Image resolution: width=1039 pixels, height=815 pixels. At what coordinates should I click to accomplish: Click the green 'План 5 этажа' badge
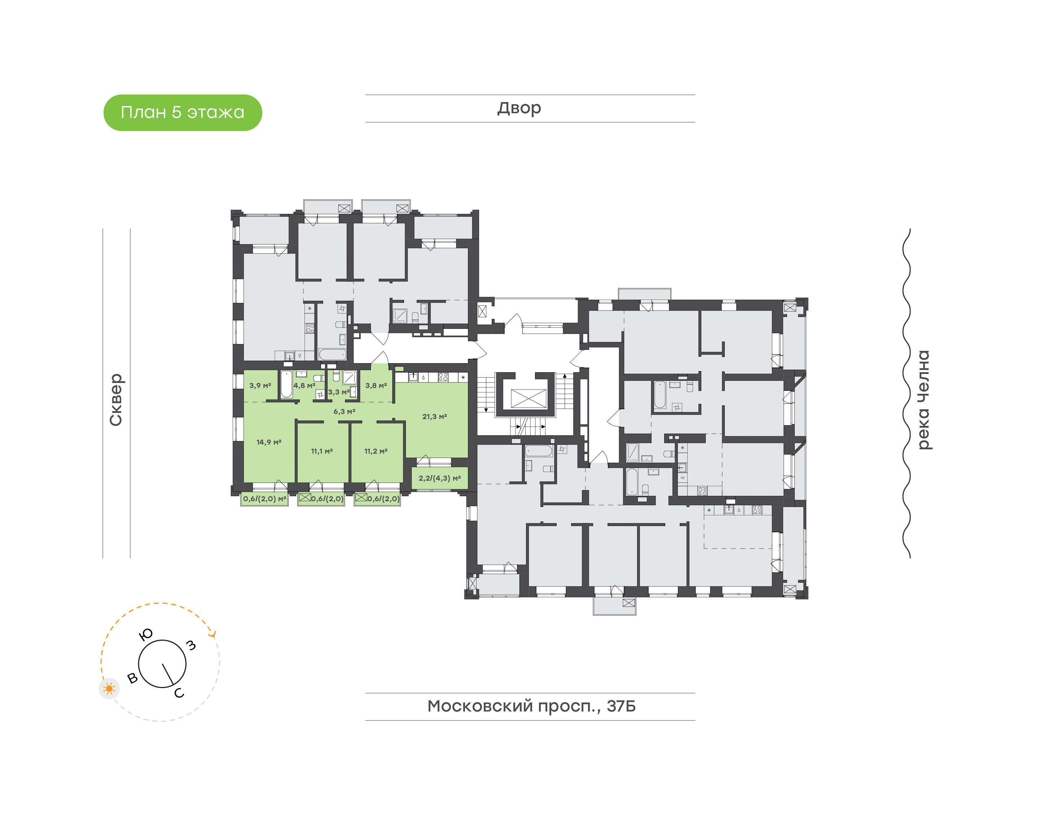tap(183, 113)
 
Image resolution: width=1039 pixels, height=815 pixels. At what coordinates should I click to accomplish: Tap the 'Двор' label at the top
tap(519, 108)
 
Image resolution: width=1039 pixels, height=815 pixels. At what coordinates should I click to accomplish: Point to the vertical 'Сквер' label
tap(116, 400)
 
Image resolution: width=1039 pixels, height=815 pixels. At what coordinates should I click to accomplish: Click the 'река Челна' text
tap(924, 400)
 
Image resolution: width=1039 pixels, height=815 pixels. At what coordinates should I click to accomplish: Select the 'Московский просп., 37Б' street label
tap(531, 706)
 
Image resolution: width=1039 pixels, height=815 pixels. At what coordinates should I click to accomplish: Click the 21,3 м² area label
tap(434, 417)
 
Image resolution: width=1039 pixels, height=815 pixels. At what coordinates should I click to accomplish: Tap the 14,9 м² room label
tap(269, 442)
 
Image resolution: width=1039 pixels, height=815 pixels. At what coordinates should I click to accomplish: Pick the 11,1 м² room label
tap(322, 451)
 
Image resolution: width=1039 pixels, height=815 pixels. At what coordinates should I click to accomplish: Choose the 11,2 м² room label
tap(376, 451)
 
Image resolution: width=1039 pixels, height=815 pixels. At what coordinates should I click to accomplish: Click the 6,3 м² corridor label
tap(344, 411)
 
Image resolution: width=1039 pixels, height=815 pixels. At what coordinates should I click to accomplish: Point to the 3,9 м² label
tap(260, 386)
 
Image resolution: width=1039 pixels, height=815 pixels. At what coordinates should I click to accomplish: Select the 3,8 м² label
tap(376, 386)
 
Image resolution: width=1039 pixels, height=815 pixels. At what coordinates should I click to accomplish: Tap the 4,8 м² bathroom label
tap(304, 386)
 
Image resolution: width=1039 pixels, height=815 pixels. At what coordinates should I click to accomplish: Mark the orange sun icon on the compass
tap(109, 688)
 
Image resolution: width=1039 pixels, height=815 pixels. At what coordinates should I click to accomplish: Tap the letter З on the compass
tap(191, 646)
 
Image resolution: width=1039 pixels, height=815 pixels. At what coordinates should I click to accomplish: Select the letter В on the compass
tap(133, 678)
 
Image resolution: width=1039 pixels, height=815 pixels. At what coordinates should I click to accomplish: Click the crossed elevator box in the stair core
tap(528, 398)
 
